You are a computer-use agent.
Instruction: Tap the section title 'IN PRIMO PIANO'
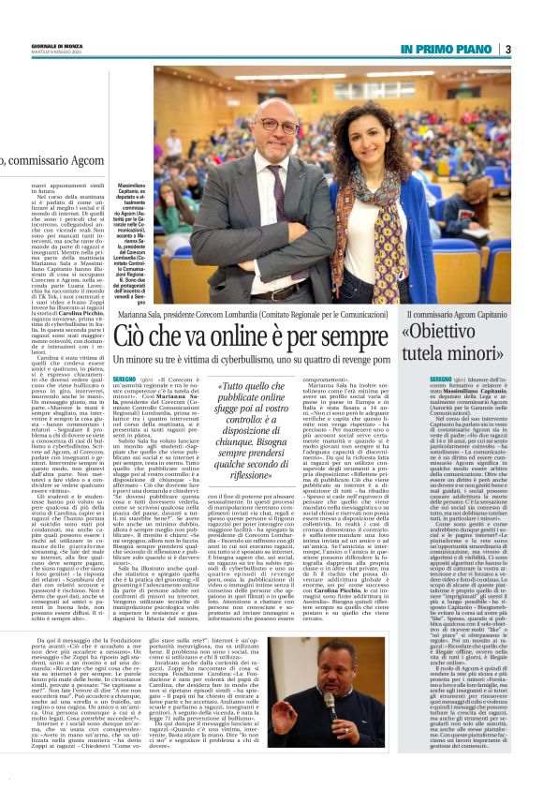tap(448, 49)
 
